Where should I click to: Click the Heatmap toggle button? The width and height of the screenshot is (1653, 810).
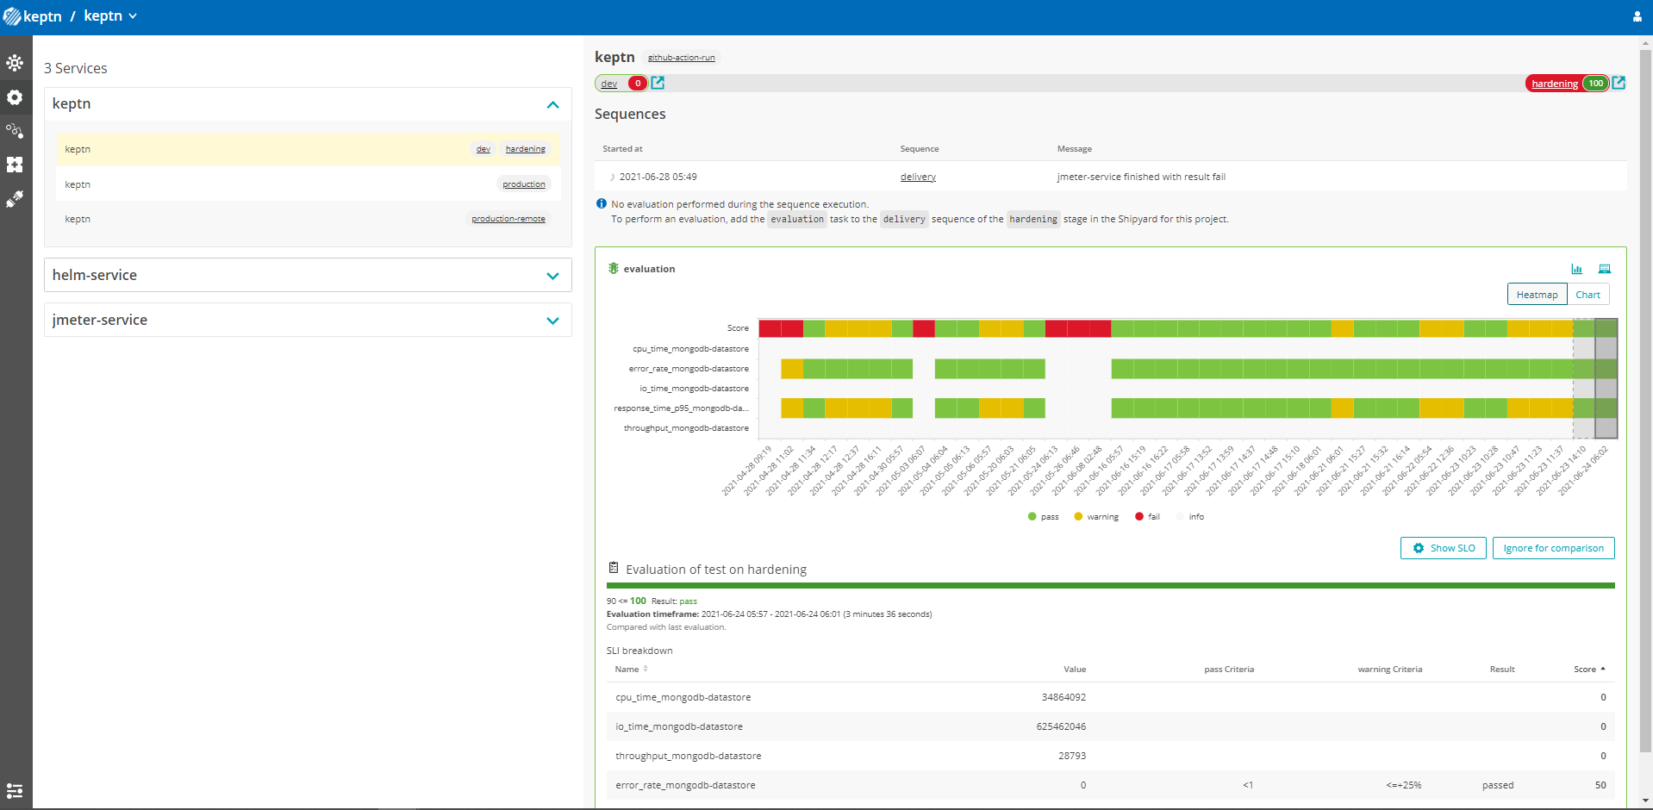pos(1537,295)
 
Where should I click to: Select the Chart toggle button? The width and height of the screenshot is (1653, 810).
pos(1588,295)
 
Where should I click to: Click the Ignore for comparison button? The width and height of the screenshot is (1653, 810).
pos(1553,548)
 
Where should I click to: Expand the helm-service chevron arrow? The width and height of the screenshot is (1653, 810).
pos(552,276)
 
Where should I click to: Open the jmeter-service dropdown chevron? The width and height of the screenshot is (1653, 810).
pos(552,321)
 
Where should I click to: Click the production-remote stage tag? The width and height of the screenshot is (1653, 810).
pos(508,219)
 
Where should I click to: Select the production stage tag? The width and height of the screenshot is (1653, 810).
pos(524,184)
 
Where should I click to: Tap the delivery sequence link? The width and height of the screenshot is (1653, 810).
pos(918,177)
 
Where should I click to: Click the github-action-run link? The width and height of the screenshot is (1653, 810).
pos(681,58)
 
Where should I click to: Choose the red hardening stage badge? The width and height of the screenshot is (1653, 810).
pos(1554,84)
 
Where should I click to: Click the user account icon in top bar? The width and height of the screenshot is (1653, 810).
pos(1637,16)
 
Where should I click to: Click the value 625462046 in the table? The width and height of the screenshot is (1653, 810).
pos(1061,726)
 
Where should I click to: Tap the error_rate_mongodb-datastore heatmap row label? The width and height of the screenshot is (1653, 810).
pos(689,369)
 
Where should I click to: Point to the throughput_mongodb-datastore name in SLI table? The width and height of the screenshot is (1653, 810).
pos(688,756)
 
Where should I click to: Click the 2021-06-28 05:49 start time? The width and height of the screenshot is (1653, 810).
pos(658,177)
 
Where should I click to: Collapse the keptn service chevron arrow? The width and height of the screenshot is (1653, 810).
pos(552,104)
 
